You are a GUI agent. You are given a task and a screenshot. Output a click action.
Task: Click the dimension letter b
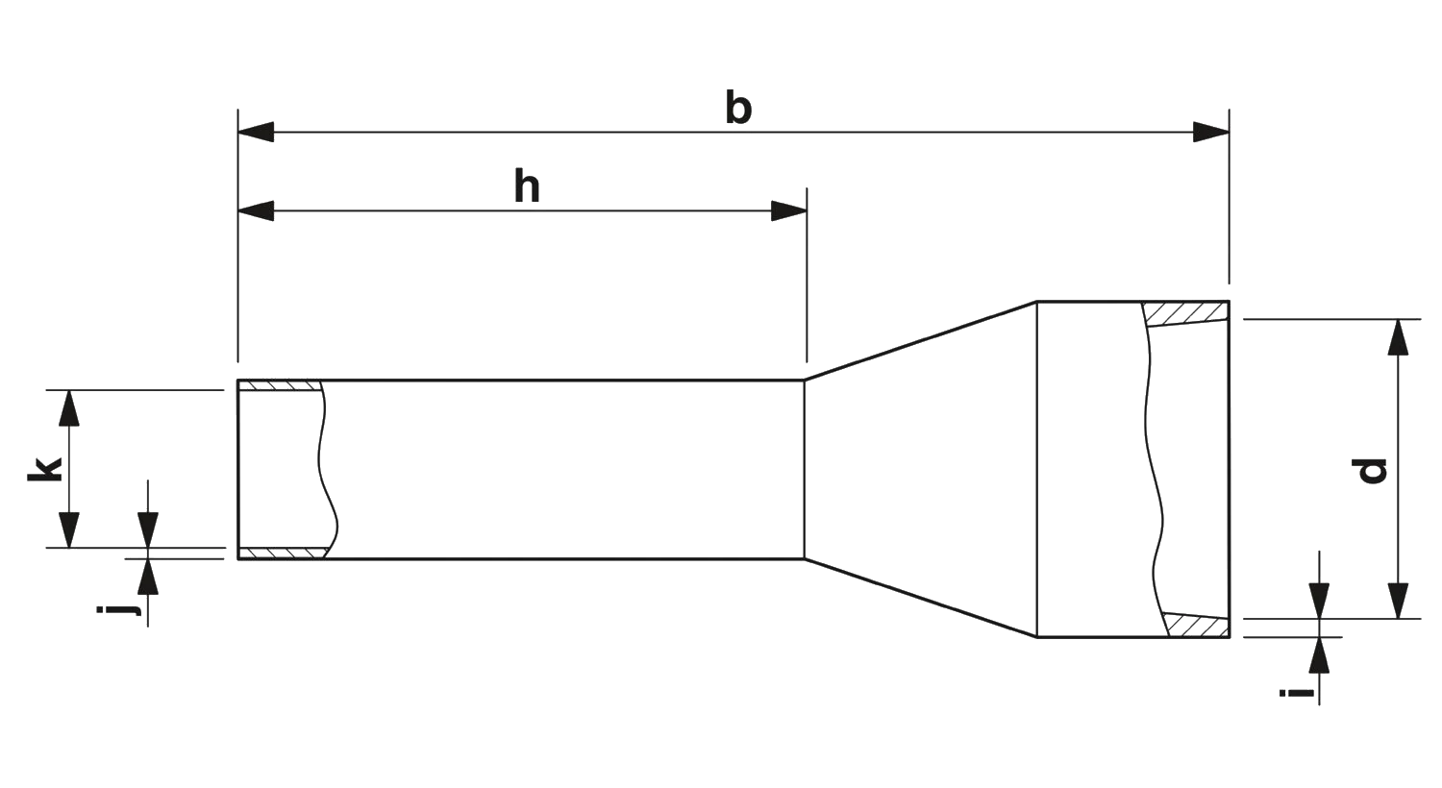click(737, 108)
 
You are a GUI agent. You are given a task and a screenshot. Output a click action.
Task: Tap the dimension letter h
click(527, 188)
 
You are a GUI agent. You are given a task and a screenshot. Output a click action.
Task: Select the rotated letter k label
click(43, 469)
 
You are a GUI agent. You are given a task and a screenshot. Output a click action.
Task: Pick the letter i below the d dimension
click(1296, 692)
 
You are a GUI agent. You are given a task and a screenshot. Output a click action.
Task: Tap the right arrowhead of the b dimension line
click(1209, 133)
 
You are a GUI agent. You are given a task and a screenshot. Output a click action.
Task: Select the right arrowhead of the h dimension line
click(787, 211)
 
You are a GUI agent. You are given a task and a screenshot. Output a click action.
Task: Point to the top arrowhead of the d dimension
click(1400, 338)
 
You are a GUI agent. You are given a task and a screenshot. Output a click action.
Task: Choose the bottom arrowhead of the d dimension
click(1400, 600)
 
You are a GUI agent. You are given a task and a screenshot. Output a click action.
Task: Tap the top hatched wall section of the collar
click(1188, 311)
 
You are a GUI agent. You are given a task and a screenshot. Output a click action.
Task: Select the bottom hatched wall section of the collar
click(1196, 627)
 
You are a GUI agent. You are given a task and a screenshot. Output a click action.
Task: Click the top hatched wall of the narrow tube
click(281, 384)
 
